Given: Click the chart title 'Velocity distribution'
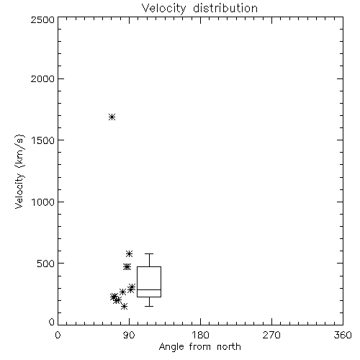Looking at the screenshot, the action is click(x=199, y=9).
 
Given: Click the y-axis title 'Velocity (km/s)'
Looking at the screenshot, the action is click(x=19, y=171).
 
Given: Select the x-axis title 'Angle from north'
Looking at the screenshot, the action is click(x=199, y=347).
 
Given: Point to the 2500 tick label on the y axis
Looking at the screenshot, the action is click(x=42, y=19).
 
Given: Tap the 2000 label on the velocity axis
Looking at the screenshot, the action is click(x=42, y=78).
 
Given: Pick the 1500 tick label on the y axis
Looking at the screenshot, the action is click(x=43, y=140).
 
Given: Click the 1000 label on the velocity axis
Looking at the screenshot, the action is click(x=43, y=202).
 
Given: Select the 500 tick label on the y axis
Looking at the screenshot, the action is click(x=46, y=264).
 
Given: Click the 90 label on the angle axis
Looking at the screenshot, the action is click(x=130, y=335).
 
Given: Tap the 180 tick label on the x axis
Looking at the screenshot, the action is click(x=200, y=335).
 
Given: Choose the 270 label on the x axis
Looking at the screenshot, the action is click(x=271, y=335).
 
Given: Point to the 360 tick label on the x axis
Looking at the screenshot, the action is click(x=343, y=335).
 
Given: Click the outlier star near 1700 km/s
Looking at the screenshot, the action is click(x=112, y=117).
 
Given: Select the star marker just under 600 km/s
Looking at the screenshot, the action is click(x=130, y=253).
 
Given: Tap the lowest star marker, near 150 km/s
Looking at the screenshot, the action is click(x=124, y=306).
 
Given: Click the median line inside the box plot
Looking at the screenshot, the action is click(x=149, y=289).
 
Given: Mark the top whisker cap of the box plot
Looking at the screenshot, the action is click(x=149, y=253).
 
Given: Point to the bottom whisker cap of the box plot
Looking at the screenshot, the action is click(x=149, y=306).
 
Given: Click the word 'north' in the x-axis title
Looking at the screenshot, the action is click(x=229, y=347).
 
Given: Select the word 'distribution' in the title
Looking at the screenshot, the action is click(x=225, y=9).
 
